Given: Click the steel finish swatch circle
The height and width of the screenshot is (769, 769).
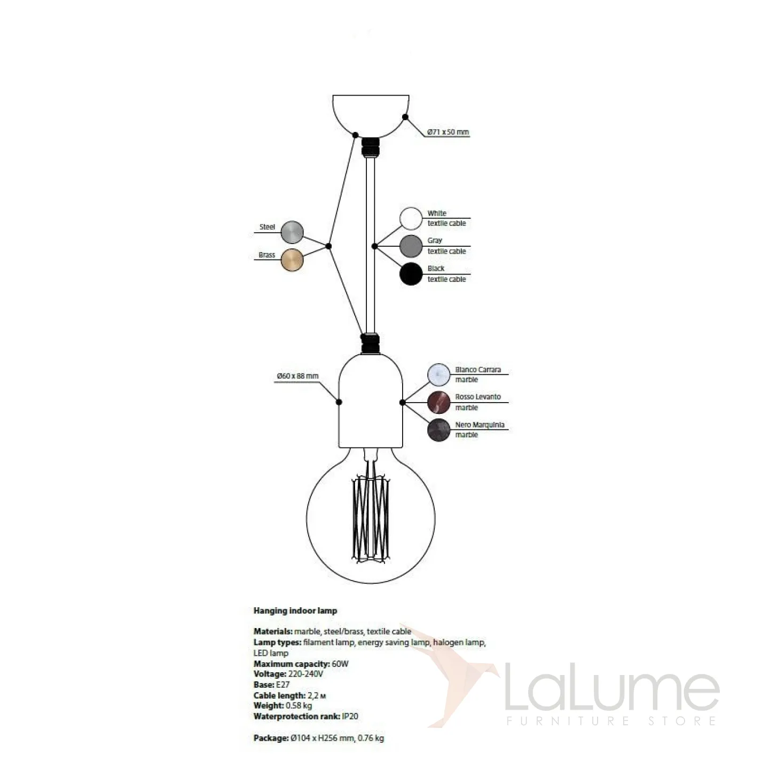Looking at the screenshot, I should [292, 232].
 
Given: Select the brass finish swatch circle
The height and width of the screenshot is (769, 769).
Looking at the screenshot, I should [292, 260].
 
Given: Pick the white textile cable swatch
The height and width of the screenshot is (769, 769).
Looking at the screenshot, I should [411, 218].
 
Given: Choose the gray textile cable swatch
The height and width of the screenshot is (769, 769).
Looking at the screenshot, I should [411, 246].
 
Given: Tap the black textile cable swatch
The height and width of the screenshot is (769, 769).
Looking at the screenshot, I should [411, 274].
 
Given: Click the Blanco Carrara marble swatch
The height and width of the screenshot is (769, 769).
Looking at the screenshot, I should [439, 374].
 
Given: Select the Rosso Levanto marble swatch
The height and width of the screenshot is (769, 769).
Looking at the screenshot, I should [439, 402].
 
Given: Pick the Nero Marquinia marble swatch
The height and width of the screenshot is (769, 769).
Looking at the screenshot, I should [439, 430].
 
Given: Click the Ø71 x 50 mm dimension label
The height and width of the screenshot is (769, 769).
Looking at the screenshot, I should [448, 132].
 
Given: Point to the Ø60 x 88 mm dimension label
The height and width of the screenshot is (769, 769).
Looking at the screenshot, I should [297, 376].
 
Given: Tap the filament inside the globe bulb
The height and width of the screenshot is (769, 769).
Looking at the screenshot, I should [370, 518].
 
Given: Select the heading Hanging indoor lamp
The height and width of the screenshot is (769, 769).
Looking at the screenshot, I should [295, 610].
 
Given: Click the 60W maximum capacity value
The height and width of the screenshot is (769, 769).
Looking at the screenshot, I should [340, 664].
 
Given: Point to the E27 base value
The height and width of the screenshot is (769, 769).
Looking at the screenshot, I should [283, 685].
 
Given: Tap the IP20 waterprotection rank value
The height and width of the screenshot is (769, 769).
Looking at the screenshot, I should [350, 716].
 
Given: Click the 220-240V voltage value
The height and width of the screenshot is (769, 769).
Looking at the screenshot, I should [305, 674].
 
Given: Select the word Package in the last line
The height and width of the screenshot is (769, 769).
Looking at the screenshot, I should [270, 738].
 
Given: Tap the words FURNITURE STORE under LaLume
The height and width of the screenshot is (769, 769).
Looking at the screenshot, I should [611, 721].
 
